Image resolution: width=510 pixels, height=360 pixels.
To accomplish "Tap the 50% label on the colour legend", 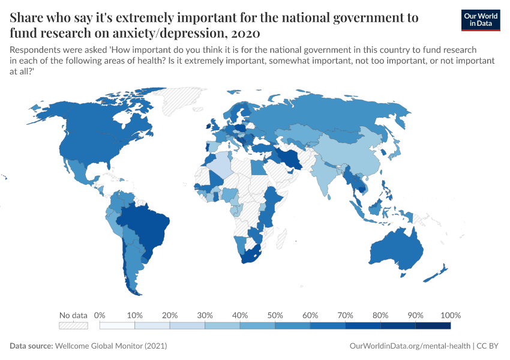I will pyautogui.click(x=275, y=315).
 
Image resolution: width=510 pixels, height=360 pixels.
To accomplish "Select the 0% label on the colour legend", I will pyautogui.click(x=100, y=315).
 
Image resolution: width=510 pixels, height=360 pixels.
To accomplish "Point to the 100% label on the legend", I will pyautogui.click(x=450, y=315).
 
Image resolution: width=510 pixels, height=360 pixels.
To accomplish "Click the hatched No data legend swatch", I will pyautogui.click(x=73, y=326).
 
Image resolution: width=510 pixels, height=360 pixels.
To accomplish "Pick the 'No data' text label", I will pyautogui.click(x=73, y=315).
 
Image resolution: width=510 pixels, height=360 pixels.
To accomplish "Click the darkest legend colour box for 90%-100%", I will pyautogui.click(x=433, y=326).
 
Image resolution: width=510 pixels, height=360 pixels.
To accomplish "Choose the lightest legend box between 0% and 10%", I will pyautogui.click(x=118, y=326).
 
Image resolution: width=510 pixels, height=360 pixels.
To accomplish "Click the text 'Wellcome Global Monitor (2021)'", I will pyautogui.click(x=111, y=346).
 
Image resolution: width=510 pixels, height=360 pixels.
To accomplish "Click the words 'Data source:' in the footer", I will pyautogui.click(x=31, y=346).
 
